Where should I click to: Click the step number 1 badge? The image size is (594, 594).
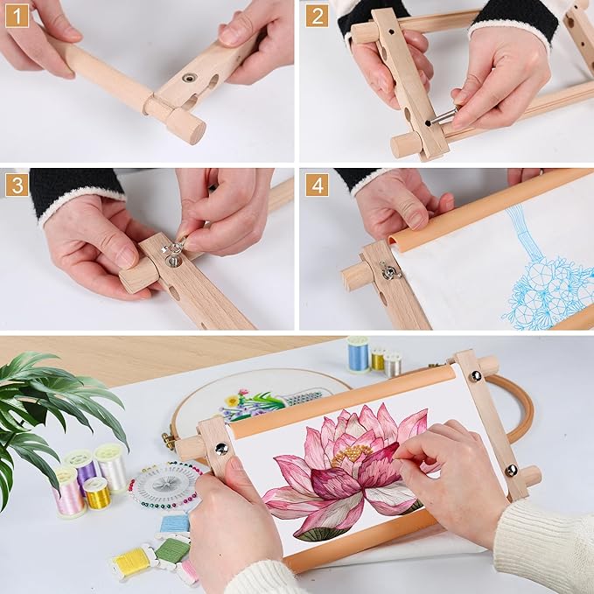pos(17,17)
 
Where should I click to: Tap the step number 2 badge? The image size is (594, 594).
pos(317,17)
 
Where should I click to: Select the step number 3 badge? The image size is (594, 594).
pos(17,185)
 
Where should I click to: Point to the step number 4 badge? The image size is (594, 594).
pos(317,185)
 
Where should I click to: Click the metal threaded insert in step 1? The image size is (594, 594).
pos(189,78)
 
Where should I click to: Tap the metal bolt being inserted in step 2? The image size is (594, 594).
pos(442,116)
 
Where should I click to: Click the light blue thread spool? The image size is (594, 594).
pos(358,354)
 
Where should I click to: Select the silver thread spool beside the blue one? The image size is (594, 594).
pos(393,365)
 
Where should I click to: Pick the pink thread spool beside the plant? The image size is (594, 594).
pos(68,493)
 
